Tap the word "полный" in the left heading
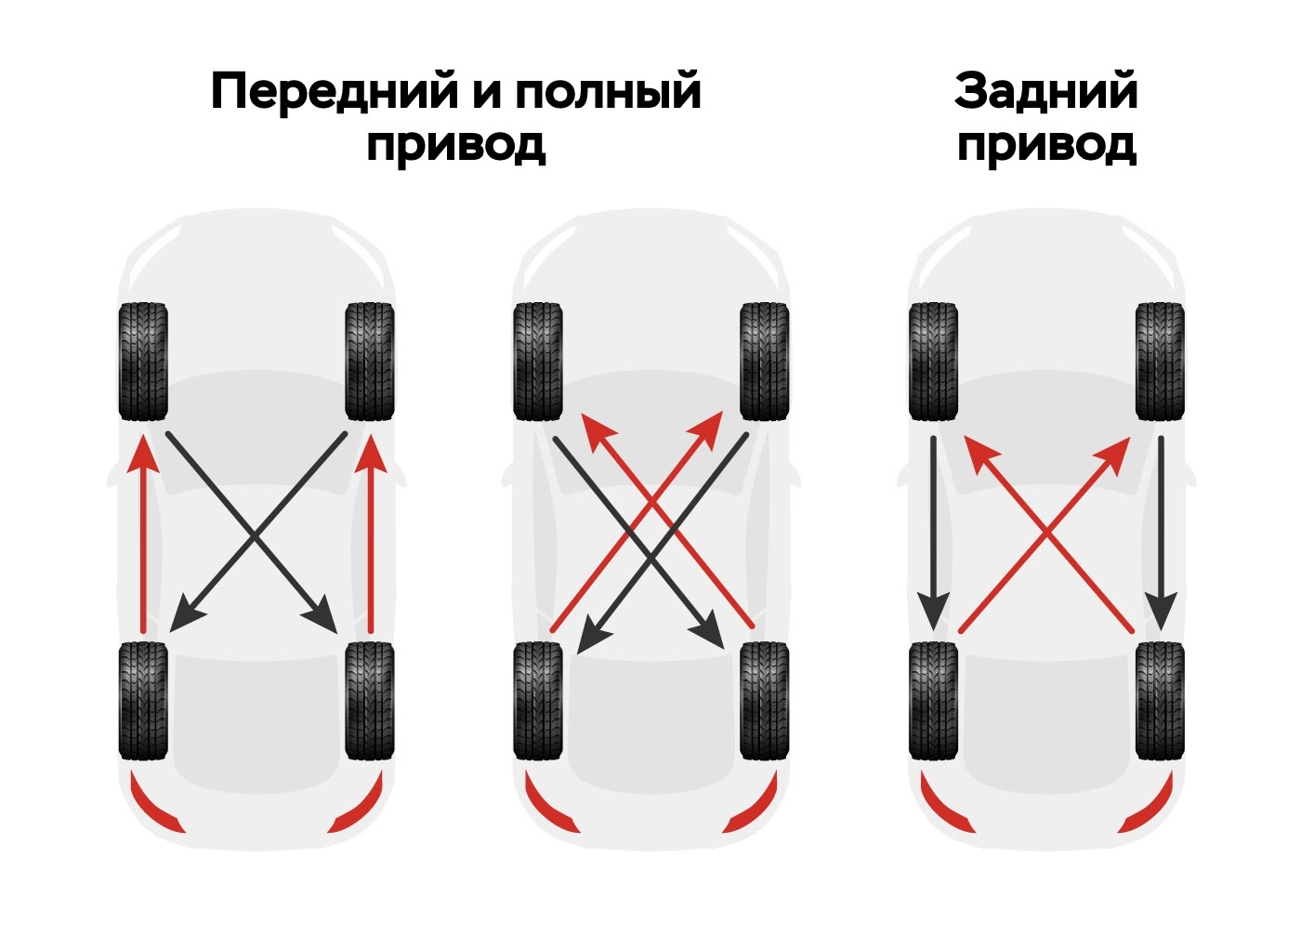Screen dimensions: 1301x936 point(608,92)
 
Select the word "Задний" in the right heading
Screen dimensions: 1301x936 point(1045,92)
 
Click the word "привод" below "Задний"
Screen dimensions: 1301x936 point(1046,145)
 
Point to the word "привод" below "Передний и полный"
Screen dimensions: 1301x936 point(456,145)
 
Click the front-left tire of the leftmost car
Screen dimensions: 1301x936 point(143,361)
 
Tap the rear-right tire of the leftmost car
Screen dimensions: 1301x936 point(370,701)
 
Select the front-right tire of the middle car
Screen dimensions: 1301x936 point(764,361)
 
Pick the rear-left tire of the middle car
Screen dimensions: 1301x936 point(538,701)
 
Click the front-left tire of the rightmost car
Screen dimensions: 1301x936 point(933,361)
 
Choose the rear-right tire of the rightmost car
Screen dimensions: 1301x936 point(1160,701)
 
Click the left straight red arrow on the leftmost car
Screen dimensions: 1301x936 point(143,534)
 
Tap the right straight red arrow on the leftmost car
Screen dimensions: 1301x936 point(371,534)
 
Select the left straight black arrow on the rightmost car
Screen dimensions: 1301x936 point(933,534)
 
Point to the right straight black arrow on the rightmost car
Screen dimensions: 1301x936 point(1161,534)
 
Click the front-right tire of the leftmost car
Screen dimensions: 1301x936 point(370,361)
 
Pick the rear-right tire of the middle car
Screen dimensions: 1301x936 point(764,701)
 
